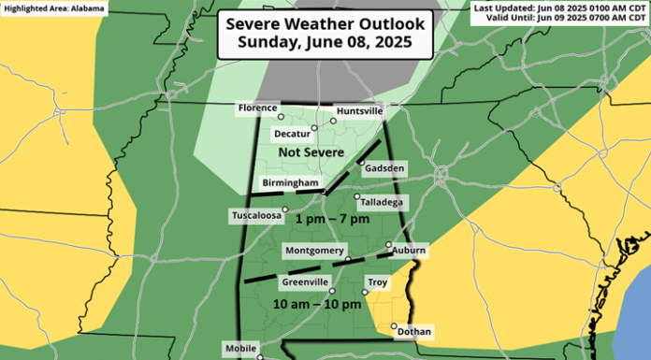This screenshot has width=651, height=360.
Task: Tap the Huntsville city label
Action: pyautogui.click(x=360, y=110)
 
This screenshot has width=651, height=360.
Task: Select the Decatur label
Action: pyautogui.click(x=293, y=133)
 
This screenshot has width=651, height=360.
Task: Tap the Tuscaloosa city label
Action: pyautogui.click(x=256, y=216)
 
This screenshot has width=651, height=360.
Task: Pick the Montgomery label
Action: pyautogui.click(x=312, y=252)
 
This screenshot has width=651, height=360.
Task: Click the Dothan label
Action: pyautogui.click(x=413, y=331)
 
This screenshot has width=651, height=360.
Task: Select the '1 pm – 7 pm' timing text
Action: pyautogui.click(x=332, y=219)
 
